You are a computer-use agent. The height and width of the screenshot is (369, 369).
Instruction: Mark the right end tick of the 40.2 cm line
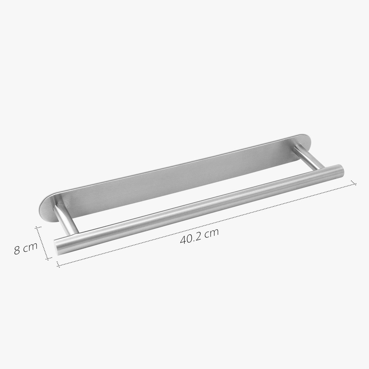[x=354, y=184]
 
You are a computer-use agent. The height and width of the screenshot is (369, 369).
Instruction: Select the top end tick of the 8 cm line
[x=38, y=228]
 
